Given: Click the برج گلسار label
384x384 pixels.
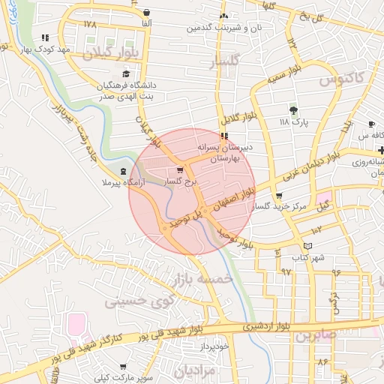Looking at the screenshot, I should (183, 181).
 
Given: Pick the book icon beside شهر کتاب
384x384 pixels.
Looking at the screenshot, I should (307, 247).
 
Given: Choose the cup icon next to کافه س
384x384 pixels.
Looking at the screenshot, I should (372, 124).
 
